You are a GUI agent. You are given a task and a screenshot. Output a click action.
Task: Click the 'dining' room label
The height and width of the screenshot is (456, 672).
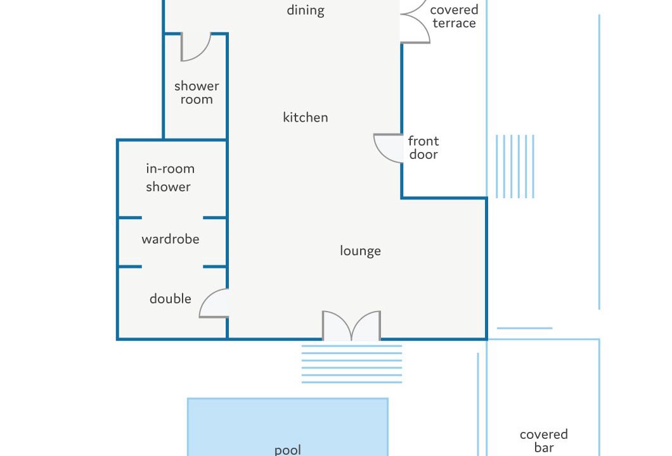(x=305, y=10)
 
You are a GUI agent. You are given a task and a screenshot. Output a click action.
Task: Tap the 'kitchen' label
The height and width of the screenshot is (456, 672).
(x=305, y=117)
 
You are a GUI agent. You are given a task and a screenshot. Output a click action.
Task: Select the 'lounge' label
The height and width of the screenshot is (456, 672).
(x=360, y=251)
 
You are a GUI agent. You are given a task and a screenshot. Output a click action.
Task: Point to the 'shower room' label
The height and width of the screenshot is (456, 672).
(x=197, y=92)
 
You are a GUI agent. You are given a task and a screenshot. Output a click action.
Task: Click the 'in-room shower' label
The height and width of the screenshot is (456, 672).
(x=170, y=178)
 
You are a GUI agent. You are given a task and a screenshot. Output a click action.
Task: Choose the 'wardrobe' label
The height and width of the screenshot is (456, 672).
(x=170, y=239)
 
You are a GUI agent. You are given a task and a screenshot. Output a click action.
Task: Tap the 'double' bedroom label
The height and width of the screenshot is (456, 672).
(x=170, y=298)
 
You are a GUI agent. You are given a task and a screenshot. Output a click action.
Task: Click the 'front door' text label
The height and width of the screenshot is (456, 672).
(x=423, y=148)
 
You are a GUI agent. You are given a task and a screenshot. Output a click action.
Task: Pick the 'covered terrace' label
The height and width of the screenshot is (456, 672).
(x=454, y=16)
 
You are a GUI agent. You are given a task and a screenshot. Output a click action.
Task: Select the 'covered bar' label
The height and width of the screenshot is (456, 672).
(x=543, y=441)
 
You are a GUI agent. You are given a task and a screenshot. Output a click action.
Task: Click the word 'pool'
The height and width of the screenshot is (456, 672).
(x=288, y=450)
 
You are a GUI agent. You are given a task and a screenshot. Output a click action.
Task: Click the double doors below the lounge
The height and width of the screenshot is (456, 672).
(x=351, y=326)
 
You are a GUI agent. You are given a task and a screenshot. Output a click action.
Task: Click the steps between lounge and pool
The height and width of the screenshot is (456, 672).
(x=352, y=364)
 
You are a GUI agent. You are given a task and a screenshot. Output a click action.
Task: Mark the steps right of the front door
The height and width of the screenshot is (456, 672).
(x=515, y=167)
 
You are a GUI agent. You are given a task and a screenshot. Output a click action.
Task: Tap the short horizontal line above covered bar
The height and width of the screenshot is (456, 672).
(x=524, y=329)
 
